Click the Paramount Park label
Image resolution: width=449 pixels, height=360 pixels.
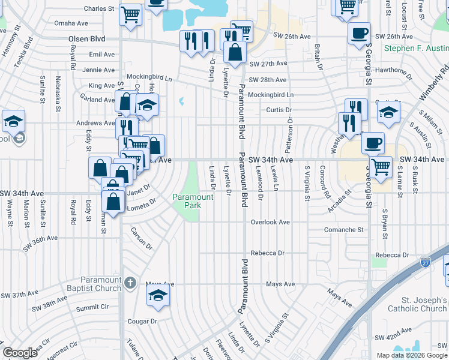pyautogui.click(x=193, y=201)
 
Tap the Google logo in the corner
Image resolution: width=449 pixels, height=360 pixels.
pyautogui.click(x=20, y=352)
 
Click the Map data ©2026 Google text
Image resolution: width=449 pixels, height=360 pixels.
pyautogui.click(x=411, y=355)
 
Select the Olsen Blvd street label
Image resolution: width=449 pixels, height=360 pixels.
pyautogui.click(x=86, y=38)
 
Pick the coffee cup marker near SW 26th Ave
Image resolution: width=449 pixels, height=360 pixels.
pyautogui.click(x=359, y=34)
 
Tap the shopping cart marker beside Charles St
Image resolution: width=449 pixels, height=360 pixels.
pyautogui.click(x=130, y=14)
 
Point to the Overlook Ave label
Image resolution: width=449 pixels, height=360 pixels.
pyautogui.click(x=270, y=222)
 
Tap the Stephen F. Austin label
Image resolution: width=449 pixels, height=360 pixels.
pyautogui.click(x=416, y=48)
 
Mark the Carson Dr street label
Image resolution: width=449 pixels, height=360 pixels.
pyautogui.click(x=142, y=241)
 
